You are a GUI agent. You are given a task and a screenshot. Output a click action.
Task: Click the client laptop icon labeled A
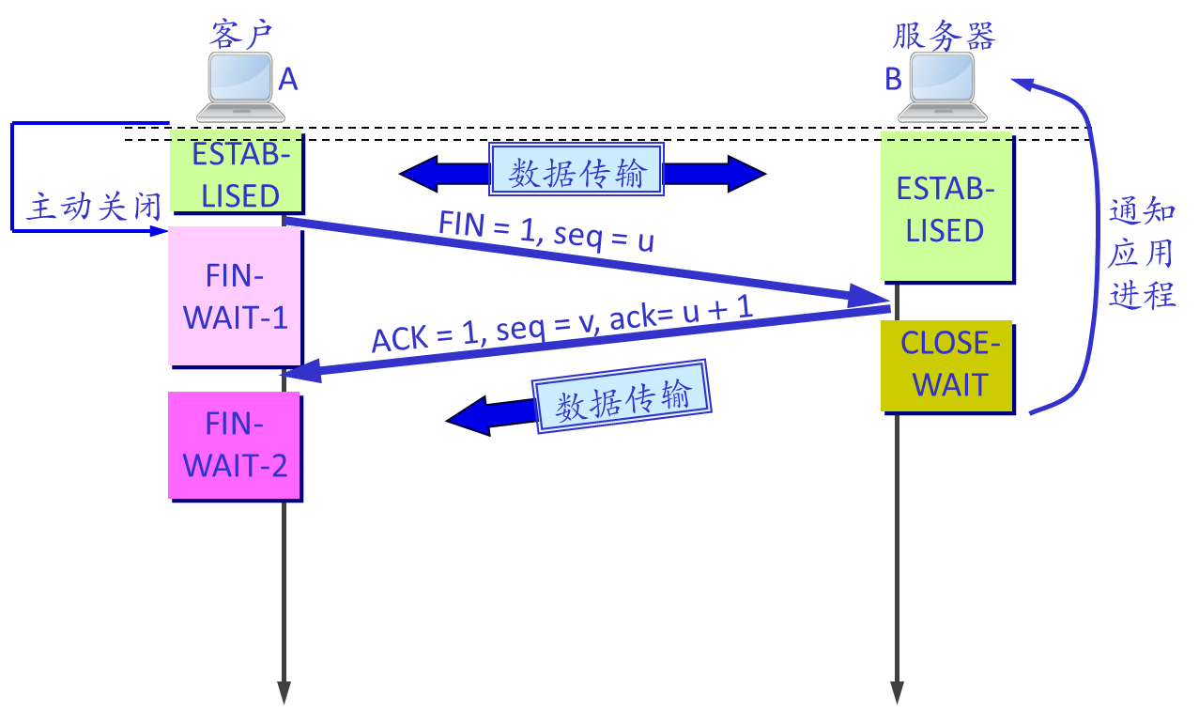point(239,87)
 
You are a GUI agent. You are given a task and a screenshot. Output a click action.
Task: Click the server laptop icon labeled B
point(942,87)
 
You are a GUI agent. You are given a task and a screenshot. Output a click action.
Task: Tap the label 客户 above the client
point(240,35)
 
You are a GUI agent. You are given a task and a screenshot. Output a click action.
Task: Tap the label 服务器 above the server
point(943,36)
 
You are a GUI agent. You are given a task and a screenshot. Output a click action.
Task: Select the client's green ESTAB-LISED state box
point(236,173)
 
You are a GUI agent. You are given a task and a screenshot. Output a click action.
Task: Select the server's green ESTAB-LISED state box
point(945,209)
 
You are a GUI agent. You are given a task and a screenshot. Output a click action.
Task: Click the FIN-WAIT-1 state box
point(235,296)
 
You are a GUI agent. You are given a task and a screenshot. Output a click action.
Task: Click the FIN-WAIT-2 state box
point(235,444)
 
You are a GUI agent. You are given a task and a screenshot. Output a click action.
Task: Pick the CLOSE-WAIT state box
point(946,364)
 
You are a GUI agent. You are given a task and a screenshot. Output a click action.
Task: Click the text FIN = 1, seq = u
point(546,231)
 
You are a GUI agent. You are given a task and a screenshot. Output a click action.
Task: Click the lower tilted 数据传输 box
point(622,395)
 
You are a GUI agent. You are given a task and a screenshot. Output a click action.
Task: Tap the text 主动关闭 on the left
point(94,207)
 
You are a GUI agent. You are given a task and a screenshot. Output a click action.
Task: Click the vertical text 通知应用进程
point(1142,254)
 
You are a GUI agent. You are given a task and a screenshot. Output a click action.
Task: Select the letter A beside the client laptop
point(288,81)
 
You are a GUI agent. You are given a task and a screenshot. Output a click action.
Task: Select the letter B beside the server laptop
point(893,81)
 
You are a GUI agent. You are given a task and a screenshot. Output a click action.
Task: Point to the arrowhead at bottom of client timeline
point(284,693)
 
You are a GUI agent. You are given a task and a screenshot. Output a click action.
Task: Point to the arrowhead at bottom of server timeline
point(897,693)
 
